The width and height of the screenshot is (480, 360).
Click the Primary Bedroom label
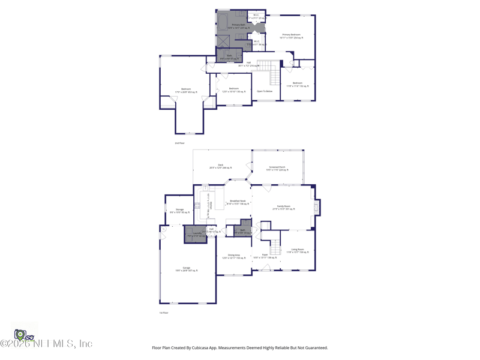coord(291,35)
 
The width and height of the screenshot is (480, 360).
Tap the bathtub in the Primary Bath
coord(222,23)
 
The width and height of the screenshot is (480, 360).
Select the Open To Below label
coord(265,91)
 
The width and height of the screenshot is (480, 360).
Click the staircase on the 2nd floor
coord(274,74)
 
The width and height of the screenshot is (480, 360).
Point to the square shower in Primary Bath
coord(223,41)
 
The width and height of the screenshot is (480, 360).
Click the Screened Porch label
coord(277,167)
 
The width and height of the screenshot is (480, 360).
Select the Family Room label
coord(283,206)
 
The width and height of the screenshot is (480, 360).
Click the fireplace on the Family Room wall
coord(317,207)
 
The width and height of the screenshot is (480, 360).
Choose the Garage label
coord(186,268)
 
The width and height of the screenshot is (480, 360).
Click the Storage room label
coord(179,209)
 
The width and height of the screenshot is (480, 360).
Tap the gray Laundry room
coord(196,233)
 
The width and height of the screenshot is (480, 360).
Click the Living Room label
coord(298,249)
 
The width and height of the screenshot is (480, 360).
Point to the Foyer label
coord(265,255)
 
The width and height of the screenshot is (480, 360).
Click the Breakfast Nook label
coord(238,201)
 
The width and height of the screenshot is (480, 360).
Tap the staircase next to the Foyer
coord(275,246)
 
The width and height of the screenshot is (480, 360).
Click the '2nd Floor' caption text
coord(179,143)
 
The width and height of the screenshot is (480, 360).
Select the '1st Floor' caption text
coord(164,313)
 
